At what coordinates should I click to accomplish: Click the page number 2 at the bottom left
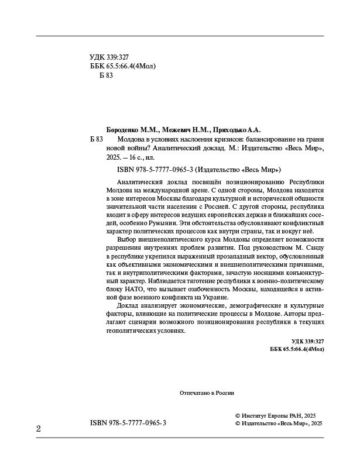[x=39, y=428]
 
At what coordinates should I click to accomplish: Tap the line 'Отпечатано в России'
[x=207, y=393]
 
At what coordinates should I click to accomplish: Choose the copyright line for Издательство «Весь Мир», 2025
[x=279, y=422]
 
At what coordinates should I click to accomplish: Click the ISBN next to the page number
[x=129, y=422]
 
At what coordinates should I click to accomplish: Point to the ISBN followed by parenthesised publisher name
[x=196, y=170]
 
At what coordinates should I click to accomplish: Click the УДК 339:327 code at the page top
[x=109, y=57]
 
